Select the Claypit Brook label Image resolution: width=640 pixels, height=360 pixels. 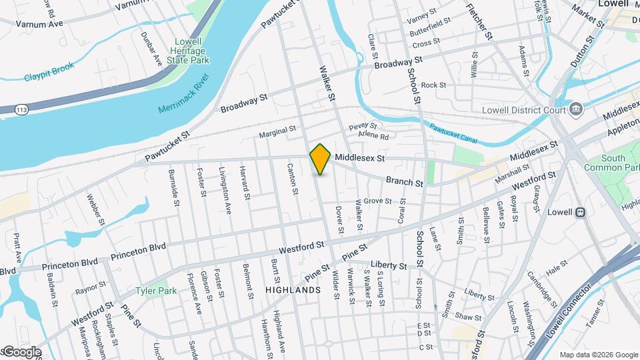point(49,73)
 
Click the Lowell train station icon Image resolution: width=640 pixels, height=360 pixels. point(580,212)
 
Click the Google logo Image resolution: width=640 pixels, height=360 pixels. point(21,351)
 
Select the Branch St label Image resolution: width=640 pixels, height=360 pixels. point(405,181)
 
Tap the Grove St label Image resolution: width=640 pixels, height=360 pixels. point(377,201)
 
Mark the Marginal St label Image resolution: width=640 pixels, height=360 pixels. point(277,130)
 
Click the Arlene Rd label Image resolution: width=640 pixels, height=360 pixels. point(373,136)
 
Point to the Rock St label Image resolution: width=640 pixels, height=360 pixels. point(433,85)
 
